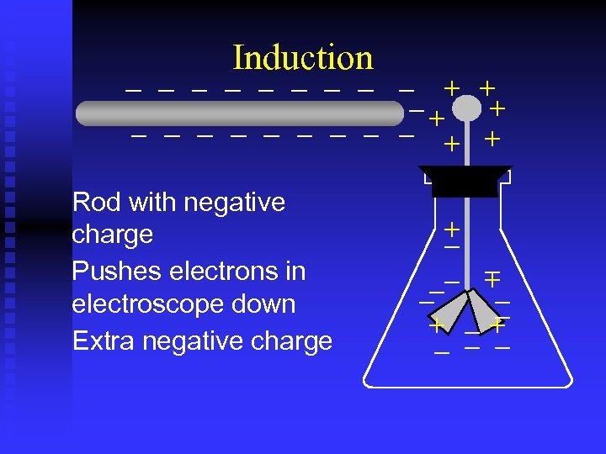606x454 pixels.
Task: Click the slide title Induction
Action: [x=303, y=57]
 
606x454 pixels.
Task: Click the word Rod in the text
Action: [x=93, y=202]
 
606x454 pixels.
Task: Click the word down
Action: [x=264, y=304]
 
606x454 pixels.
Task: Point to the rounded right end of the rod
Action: [x=397, y=113]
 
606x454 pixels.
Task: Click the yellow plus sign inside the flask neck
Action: [x=453, y=229]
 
